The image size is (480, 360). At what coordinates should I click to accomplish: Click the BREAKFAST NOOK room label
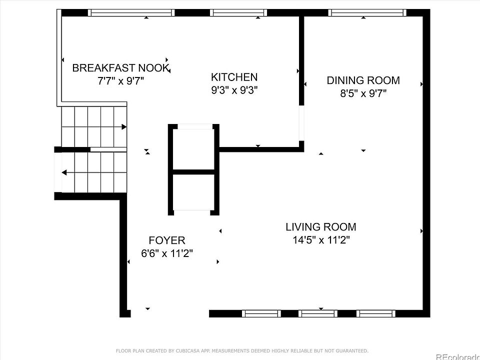point(121,68)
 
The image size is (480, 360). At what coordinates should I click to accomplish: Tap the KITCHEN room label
point(234,77)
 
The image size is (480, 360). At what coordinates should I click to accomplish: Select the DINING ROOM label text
point(363,80)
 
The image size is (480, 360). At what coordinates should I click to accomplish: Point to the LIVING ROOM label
point(320,227)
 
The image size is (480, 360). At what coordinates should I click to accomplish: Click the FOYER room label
point(167,240)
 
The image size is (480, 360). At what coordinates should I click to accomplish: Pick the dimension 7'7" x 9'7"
point(121,81)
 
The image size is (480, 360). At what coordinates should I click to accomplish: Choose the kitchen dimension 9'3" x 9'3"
point(234,90)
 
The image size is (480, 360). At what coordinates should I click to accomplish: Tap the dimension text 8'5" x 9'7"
point(363,93)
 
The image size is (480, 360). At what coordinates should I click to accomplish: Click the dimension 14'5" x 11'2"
point(320,240)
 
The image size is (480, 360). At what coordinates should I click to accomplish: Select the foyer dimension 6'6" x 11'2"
point(167,253)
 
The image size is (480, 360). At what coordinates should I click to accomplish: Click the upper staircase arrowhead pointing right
point(124,127)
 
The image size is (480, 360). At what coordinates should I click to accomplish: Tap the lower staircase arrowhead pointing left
point(64,172)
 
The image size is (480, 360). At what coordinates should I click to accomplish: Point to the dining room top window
point(367,12)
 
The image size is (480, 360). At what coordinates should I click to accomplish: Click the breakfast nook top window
point(131,12)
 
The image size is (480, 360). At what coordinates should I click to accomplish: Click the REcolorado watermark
point(457,356)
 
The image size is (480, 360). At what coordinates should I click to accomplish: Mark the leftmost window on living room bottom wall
point(261,314)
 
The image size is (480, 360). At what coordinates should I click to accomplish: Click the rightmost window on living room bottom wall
point(376,314)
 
